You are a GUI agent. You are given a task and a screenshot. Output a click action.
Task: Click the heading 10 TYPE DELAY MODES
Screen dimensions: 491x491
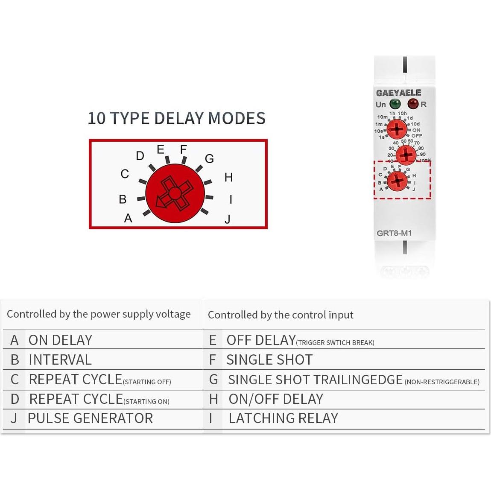[x=176, y=118]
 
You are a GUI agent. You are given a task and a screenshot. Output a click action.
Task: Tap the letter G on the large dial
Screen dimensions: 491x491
[x=209, y=159]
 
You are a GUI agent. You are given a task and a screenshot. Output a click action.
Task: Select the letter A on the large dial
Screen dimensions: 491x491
[x=128, y=218]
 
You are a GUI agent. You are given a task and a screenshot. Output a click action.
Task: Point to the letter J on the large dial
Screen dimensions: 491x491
[x=228, y=219]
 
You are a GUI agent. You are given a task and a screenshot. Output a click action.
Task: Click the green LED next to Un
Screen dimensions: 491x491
[x=395, y=104]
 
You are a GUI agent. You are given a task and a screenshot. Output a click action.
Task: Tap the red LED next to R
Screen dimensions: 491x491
[x=413, y=104]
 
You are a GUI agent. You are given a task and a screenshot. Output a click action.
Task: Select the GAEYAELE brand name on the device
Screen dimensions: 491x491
[x=398, y=93]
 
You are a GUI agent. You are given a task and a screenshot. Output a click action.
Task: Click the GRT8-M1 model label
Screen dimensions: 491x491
[x=394, y=233]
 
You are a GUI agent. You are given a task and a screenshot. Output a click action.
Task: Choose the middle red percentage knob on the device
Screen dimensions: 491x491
[x=406, y=155]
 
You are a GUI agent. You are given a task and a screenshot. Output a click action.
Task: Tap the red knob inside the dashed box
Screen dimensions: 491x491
[x=397, y=181]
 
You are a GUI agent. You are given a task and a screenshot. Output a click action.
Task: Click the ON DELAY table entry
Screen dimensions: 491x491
[x=60, y=340]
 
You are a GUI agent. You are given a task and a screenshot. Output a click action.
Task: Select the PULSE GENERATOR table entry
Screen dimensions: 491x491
[x=90, y=418]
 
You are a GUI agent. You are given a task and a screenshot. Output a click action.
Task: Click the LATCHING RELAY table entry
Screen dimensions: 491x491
[x=283, y=418]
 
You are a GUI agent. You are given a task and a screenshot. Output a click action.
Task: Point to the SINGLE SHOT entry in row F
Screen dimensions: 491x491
[x=269, y=360]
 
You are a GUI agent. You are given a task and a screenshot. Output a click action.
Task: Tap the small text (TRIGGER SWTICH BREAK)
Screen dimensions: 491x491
[x=335, y=342]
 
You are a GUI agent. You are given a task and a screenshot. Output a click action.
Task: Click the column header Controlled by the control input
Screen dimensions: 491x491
[x=281, y=315]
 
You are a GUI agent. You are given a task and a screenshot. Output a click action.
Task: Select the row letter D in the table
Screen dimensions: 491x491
[x=15, y=399]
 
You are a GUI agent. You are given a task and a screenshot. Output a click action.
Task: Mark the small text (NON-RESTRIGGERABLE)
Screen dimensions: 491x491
[x=442, y=382]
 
